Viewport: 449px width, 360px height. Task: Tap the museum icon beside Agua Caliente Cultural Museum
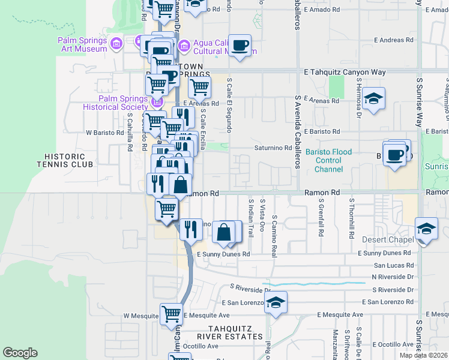(184, 45)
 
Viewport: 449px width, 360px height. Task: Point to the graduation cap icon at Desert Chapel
(426, 229)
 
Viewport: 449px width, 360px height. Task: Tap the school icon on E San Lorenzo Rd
(276, 302)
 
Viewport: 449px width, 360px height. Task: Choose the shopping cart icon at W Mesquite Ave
(171, 314)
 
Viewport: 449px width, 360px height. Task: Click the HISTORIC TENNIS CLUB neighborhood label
(65, 159)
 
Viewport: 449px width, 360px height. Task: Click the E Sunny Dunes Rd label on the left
(223, 254)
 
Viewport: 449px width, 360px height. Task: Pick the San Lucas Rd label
(394, 265)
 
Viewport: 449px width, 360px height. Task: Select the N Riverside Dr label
(393, 277)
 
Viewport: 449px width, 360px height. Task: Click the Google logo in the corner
(20, 353)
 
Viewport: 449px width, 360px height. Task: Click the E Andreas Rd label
(393, 40)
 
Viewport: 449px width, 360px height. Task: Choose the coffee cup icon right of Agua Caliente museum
(240, 46)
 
